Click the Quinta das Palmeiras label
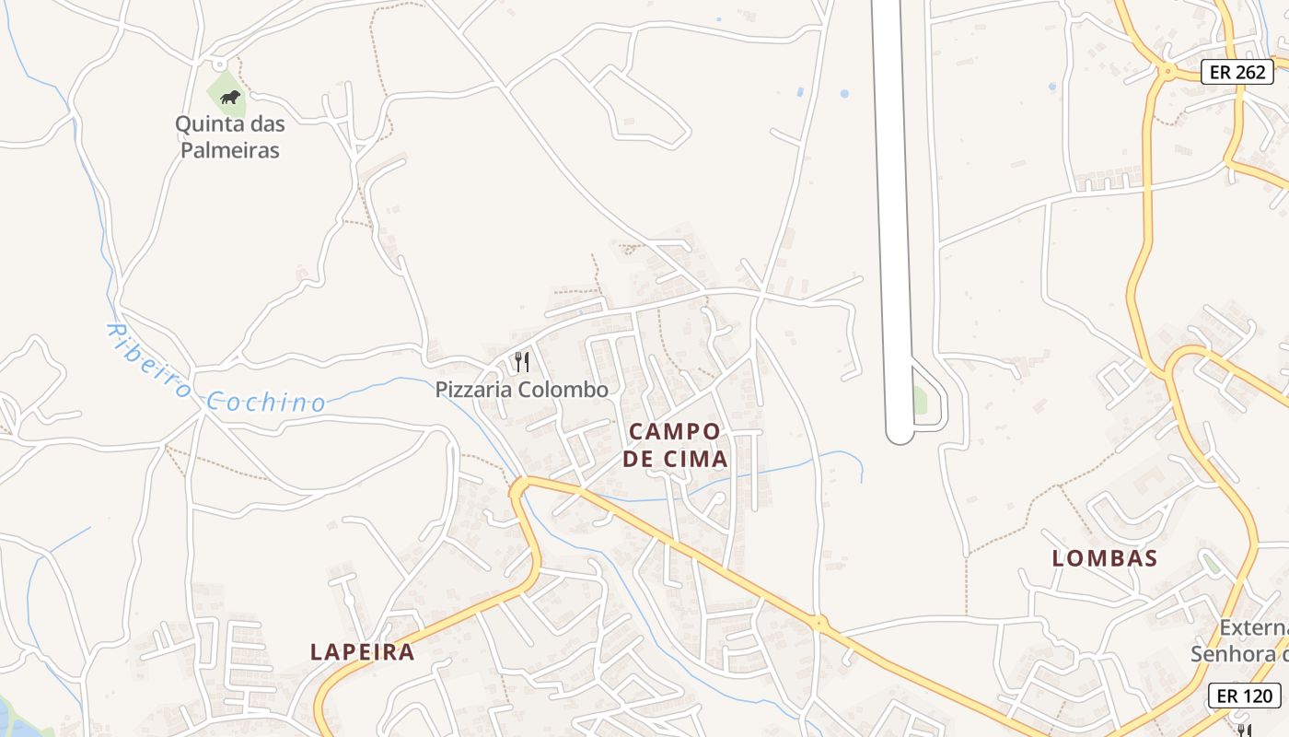229,136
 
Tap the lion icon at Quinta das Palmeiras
229,97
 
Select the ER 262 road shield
1237,72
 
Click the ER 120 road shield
1245,696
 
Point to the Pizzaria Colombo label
521,390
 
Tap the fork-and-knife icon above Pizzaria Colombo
521,361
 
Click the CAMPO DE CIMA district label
675,444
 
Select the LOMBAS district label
1104,557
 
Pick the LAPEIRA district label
362,651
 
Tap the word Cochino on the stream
265,402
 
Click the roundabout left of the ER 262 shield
1167,70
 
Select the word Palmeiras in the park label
229,150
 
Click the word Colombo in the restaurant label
563,390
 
